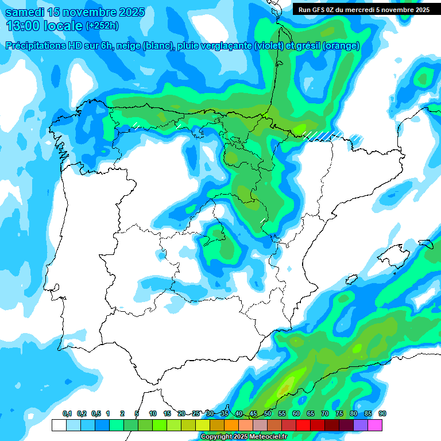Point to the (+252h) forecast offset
pos(102,26)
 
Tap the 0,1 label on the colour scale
pos(67,414)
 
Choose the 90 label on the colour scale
pos(382,414)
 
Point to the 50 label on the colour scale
pos(268,414)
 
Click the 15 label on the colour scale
pos(167,414)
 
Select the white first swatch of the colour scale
pos(59,425)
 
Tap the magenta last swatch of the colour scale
pos(375,425)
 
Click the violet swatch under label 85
pos(361,425)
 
